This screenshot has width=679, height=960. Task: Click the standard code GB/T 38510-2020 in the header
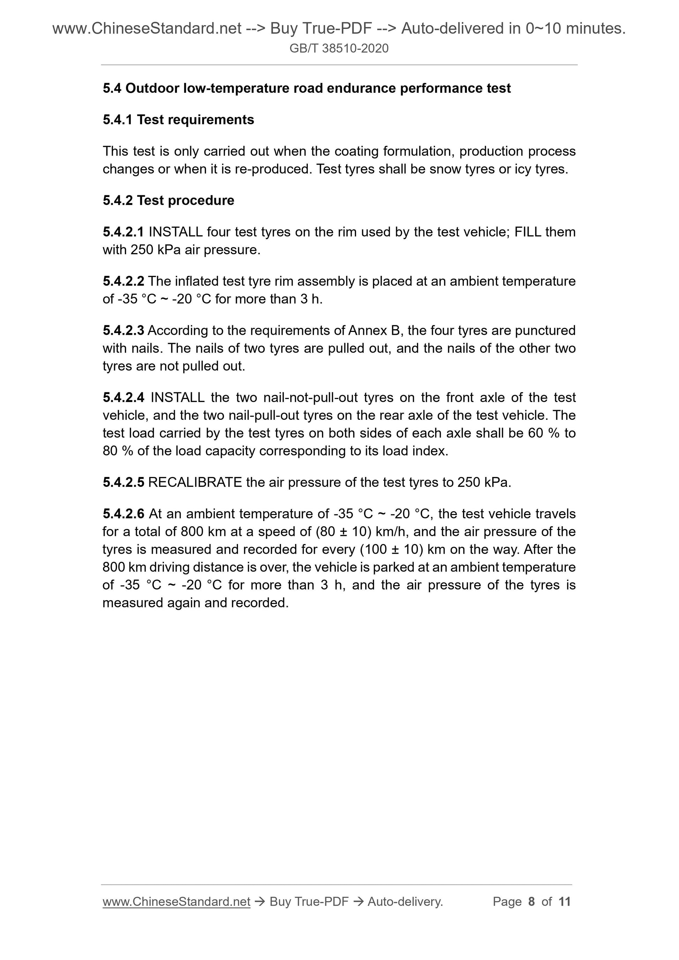click(x=339, y=48)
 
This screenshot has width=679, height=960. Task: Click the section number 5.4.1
click(x=118, y=120)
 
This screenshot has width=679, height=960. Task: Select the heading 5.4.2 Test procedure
click(x=168, y=200)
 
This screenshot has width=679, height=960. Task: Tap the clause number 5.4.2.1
click(x=124, y=232)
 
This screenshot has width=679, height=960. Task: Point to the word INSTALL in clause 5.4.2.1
click(x=176, y=232)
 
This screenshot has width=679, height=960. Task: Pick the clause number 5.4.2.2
click(x=124, y=281)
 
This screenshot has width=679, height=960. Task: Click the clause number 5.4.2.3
click(x=124, y=330)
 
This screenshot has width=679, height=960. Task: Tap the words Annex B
click(x=374, y=330)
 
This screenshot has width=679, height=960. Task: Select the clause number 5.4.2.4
click(x=124, y=397)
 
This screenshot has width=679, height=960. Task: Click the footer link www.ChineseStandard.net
click(x=176, y=901)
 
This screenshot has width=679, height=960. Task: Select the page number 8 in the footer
click(x=531, y=901)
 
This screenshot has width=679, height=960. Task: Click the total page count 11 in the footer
click(x=564, y=901)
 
